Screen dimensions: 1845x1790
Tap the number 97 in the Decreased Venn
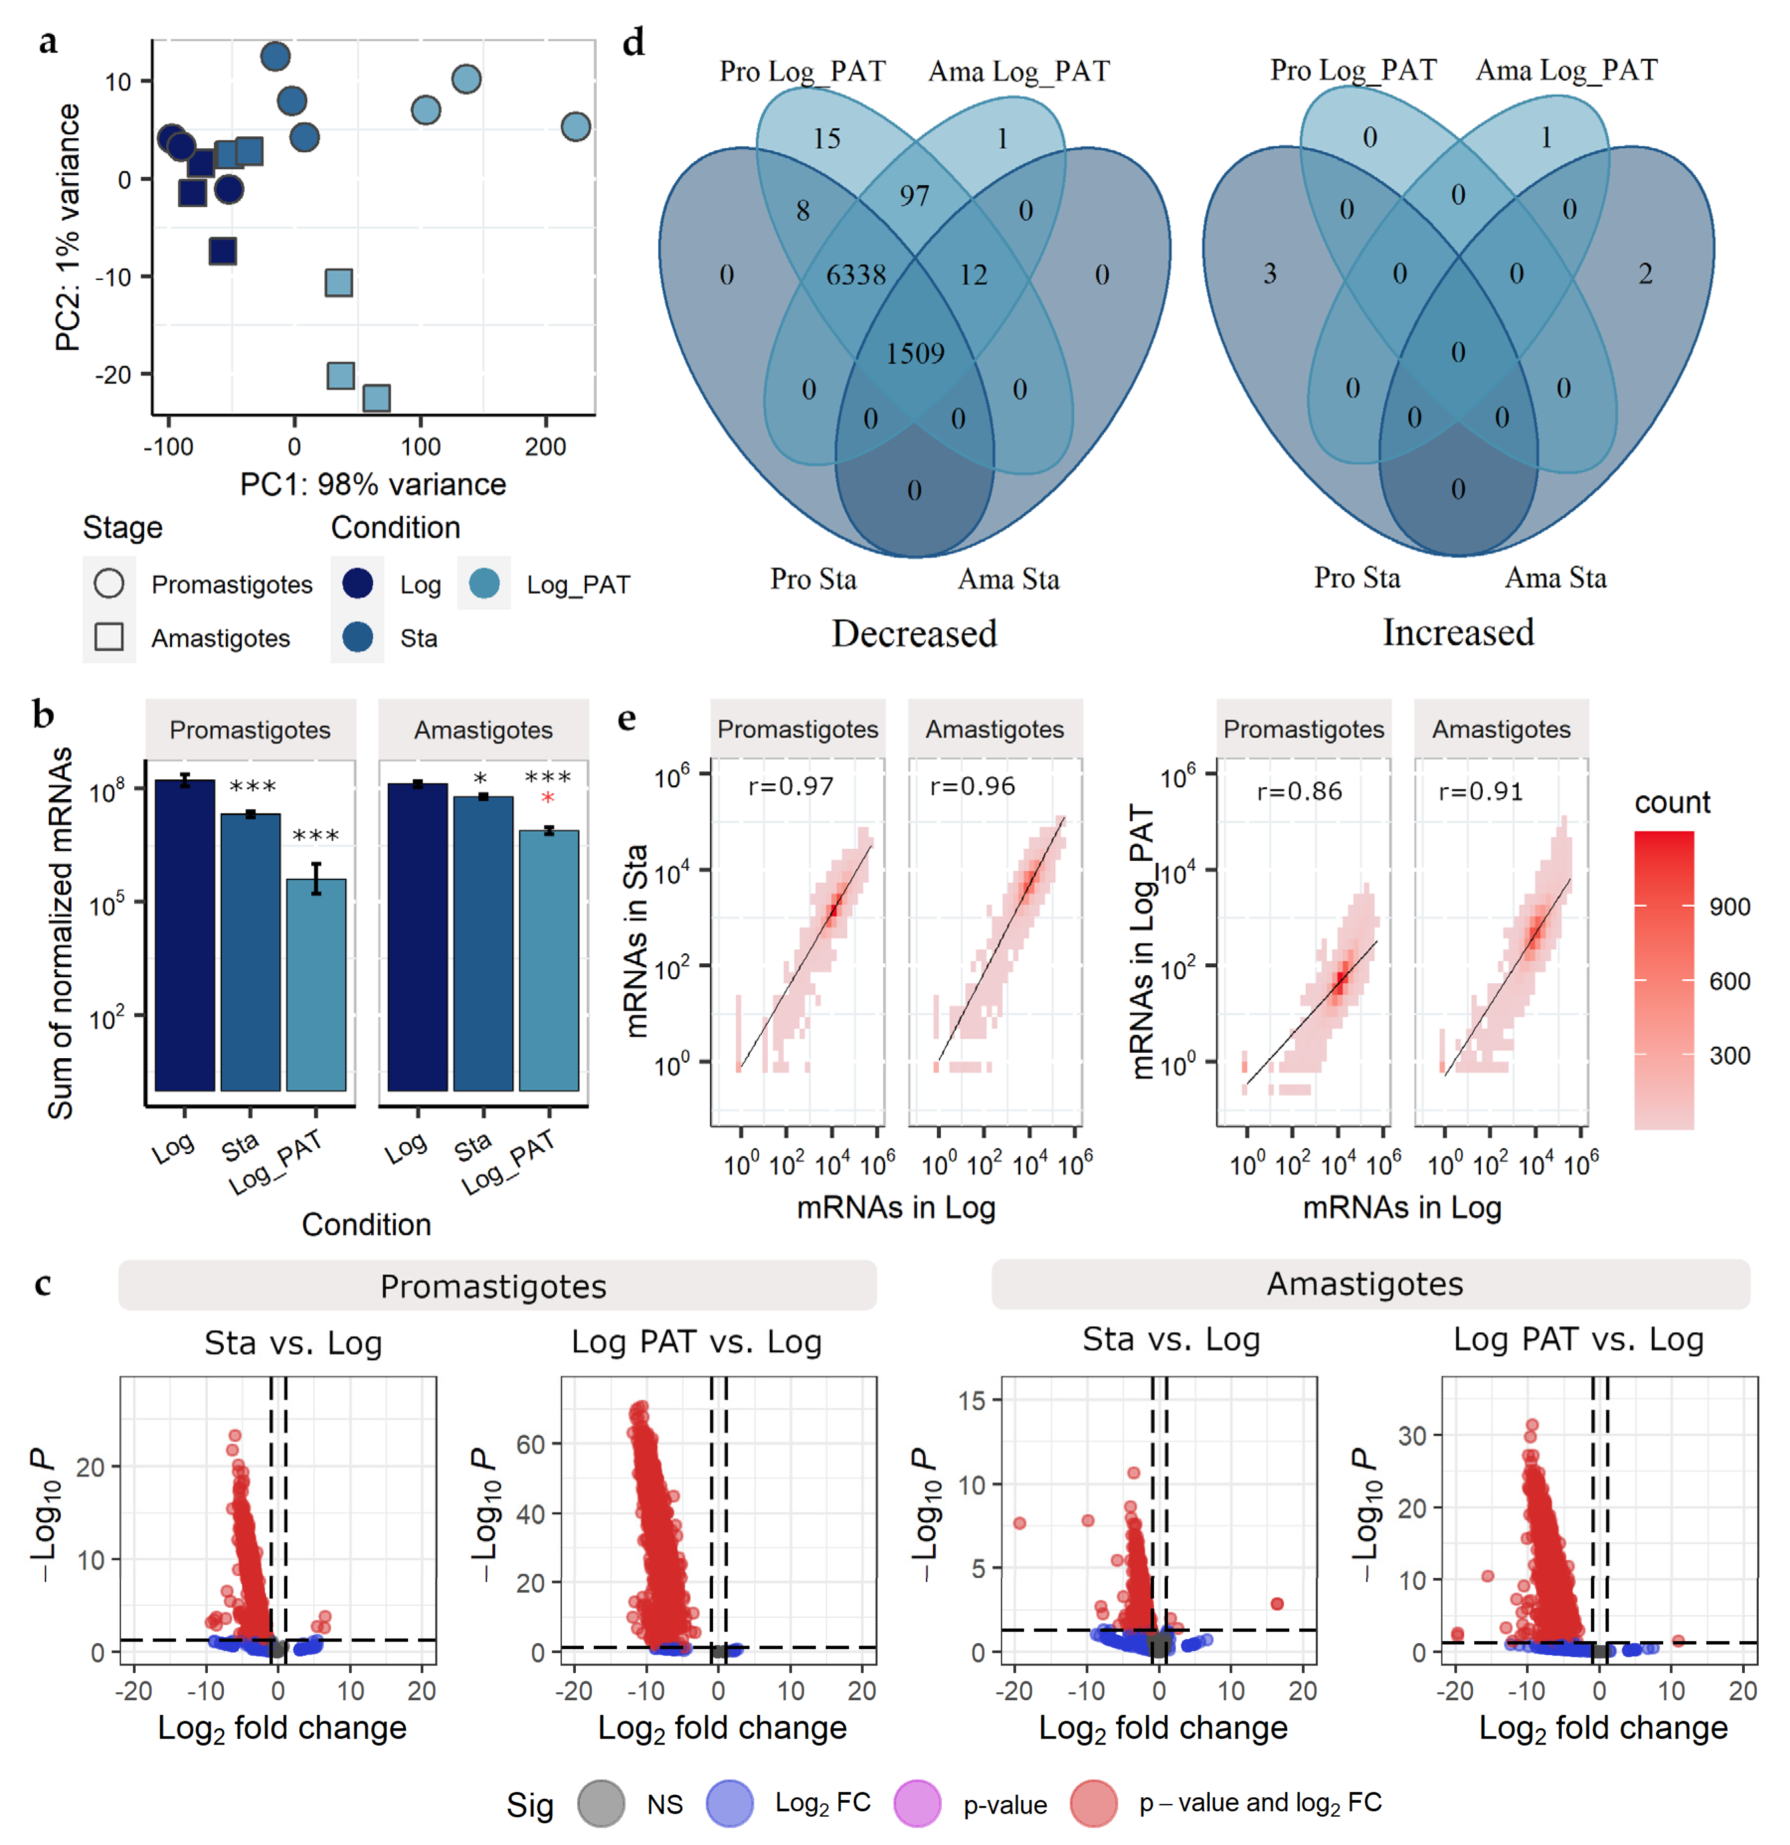pyautogui.click(x=914, y=196)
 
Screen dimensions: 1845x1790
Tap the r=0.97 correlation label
pyautogui.click(x=791, y=787)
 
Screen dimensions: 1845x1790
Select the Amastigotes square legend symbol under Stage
pyautogui.click(x=109, y=637)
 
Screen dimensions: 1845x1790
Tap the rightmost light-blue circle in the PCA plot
pyautogui.click(x=575, y=126)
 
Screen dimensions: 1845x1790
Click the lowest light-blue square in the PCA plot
pyautogui.click(x=376, y=397)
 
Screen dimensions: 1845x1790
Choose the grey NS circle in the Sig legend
pyautogui.click(x=601, y=1804)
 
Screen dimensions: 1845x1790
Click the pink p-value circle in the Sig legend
pyautogui.click(x=917, y=1804)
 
